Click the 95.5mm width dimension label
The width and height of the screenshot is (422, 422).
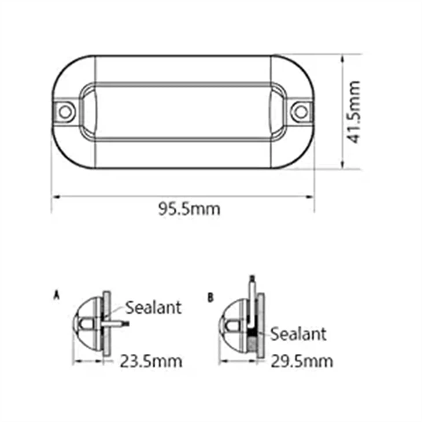point(190,209)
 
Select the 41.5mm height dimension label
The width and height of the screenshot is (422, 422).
point(354,112)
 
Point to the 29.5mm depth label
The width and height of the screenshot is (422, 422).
point(302,361)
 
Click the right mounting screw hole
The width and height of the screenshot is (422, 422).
point(299,110)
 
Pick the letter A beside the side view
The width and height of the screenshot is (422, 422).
point(56,295)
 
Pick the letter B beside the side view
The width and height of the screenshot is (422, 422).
point(210,298)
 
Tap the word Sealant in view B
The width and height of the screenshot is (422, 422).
point(298,334)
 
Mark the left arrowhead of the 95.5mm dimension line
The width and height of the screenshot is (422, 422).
point(54,196)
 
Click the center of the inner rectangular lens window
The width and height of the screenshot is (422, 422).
point(183,111)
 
